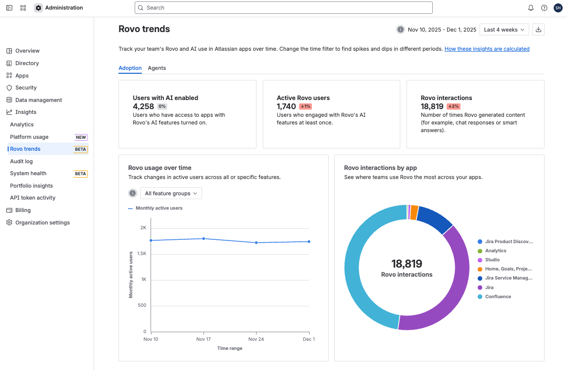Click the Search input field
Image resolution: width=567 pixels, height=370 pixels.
click(284, 8)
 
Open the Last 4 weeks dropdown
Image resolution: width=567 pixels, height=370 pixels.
click(504, 30)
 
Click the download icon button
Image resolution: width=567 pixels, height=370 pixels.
click(538, 30)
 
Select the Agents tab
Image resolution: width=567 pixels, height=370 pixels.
click(157, 68)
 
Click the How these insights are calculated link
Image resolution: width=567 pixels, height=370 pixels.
click(487, 49)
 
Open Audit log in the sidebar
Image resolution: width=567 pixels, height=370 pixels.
click(21, 161)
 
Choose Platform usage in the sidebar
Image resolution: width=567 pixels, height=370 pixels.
click(29, 137)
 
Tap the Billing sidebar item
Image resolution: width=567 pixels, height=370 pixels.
click(23, 210)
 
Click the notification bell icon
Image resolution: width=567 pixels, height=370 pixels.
click(531, 8)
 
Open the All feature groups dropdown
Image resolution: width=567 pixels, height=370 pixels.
click(171, 193)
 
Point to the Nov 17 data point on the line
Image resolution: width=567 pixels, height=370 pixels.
click(203, 238)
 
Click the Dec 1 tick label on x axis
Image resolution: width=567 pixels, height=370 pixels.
click(309, 339)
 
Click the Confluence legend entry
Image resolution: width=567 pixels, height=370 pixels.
click(498, 297)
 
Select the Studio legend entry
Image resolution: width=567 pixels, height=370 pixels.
click(492, 260)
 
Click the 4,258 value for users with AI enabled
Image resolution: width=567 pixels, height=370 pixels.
click(143, 106)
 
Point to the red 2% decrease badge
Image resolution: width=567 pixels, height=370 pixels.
click(453, 106)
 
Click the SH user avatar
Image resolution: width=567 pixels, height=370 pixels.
click(558, 8)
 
